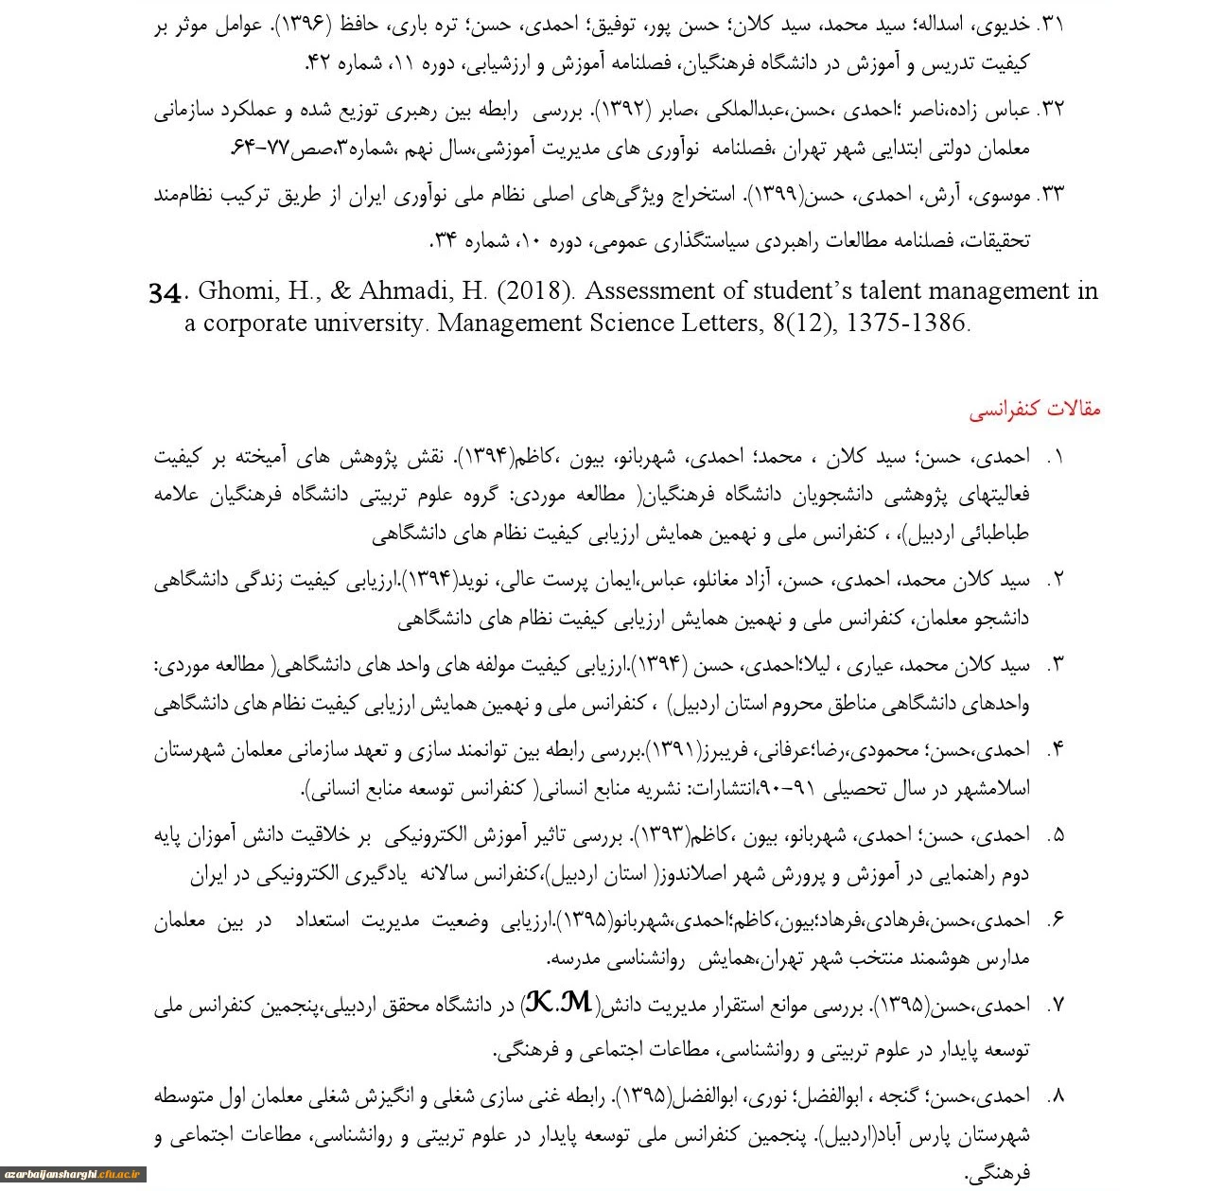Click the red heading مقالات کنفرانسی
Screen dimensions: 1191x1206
click(1035, 410)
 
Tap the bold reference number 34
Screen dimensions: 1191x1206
click(165, 292)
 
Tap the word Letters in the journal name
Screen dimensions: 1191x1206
click(716, 323)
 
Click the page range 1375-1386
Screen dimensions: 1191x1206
click(908, 323)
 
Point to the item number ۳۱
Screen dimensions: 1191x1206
click(1051, 26)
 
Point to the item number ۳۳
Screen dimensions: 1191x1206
click(1051, 196)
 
